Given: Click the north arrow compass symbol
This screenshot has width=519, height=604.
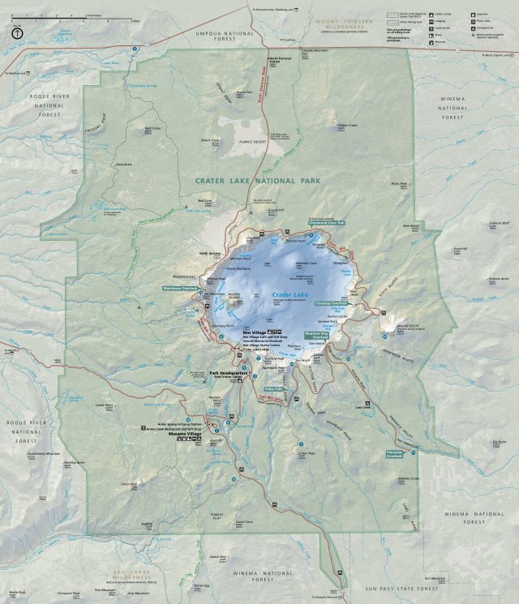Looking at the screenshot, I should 17,33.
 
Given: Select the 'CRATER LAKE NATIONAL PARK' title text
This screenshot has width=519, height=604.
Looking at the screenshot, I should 258,181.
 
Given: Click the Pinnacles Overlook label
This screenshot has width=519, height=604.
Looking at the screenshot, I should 395,454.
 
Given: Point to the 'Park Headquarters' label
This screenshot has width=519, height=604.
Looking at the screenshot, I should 226,373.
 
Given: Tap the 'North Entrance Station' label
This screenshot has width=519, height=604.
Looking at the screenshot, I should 280,60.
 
